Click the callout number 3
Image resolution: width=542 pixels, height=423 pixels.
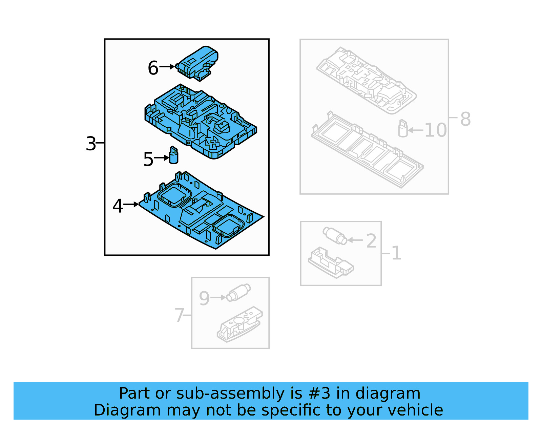[91, 144]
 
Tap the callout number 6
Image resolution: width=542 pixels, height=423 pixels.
[153, 68]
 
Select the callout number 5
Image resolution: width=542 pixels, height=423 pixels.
[148, 159]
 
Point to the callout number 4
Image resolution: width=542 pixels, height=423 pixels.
[118, 206]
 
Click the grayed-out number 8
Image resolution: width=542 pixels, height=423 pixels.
[465, 119]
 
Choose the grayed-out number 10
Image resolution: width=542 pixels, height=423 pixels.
[436, 130]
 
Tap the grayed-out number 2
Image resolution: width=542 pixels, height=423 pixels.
[371, 241]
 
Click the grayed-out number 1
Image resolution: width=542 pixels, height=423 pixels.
[396, 253]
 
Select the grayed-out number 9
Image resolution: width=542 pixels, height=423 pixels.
[204, 298]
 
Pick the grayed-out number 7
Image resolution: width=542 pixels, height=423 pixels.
[179, 315]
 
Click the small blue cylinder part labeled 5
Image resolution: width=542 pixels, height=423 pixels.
[173, 155]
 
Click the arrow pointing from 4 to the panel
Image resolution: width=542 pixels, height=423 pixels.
[131, 204]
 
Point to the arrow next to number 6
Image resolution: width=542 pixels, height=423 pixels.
[167, 67]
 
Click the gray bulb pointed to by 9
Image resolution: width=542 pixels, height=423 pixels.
[238, 292]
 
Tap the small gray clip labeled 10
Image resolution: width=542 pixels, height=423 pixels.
[403, 129]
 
